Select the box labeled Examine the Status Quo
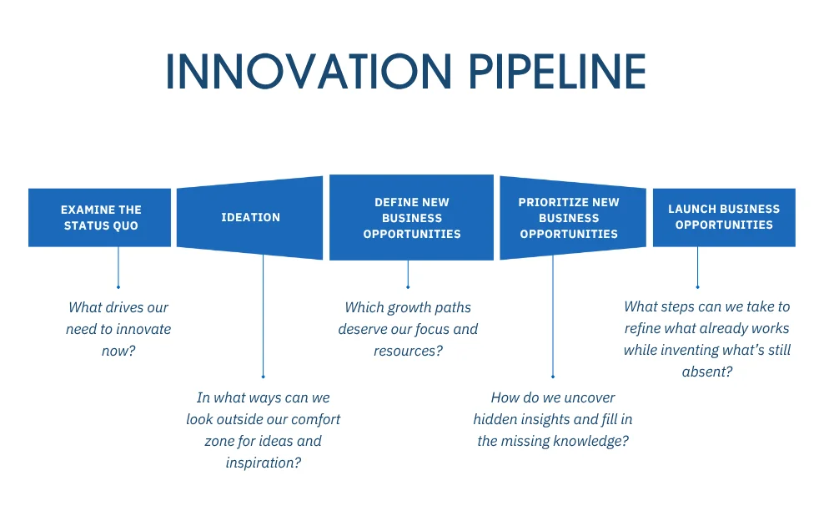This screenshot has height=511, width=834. tap(100, 217)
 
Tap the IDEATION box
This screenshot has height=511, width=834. tap(250, 217)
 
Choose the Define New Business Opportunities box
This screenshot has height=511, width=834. tap(411, 218)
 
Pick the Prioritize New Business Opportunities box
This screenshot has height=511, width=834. tap(572, 218)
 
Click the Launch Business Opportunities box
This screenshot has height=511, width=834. tap(724, 217)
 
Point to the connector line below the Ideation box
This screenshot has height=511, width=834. tap(264, 317)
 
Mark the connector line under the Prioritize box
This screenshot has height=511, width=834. tap(553, 317)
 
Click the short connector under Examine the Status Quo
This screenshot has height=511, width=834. tap(118, 267)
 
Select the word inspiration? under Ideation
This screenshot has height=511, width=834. tap(263, 462)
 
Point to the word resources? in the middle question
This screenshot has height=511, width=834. tap(408, 351)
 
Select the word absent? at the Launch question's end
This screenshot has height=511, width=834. tap(707, 372)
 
